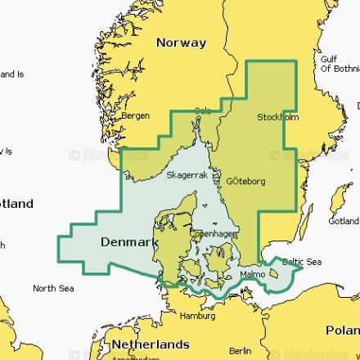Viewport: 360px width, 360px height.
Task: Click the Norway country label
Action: click(x=182, y=43)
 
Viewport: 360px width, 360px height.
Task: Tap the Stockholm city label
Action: click(x=278, y=118)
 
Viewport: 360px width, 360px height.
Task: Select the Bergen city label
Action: click(x=135, y=116)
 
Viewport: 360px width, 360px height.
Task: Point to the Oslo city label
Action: click(x=203, y=110)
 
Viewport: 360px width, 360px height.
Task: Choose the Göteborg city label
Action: click(x=245, y=181)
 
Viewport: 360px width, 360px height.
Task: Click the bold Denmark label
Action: click(x=129, y=242)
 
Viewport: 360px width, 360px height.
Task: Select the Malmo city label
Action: click(x=253, y=274)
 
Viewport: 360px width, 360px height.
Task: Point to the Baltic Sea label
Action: click(x=302, y=262)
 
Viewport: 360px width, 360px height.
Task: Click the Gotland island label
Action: click(x=344, y=221)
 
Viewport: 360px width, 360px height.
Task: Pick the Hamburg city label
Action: click(x=197, y=316)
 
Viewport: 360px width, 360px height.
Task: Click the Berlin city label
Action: click(x=241, y=350)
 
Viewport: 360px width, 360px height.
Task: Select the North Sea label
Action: click(x=53, y=288)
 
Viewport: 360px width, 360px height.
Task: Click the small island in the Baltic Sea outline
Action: click(x=273, y=276)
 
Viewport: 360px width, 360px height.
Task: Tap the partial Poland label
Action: click(x=343, y=330)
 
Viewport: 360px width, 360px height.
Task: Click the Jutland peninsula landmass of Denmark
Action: click(x=169, y=229)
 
